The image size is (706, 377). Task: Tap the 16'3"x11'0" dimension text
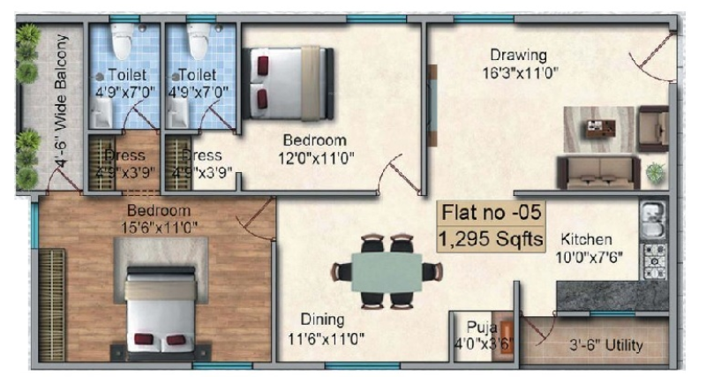(520, 72)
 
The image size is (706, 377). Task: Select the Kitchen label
(585, 239)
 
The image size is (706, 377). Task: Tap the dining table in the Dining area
(386, 271)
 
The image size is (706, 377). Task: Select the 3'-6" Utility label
(605, 344)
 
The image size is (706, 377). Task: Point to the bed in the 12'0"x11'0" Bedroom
(288, 82)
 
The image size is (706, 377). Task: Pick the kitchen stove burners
(654, 262)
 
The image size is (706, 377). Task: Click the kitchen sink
(651, 219)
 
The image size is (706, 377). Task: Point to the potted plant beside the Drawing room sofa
(656, 172)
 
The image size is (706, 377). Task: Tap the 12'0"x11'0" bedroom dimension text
(313, 158)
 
